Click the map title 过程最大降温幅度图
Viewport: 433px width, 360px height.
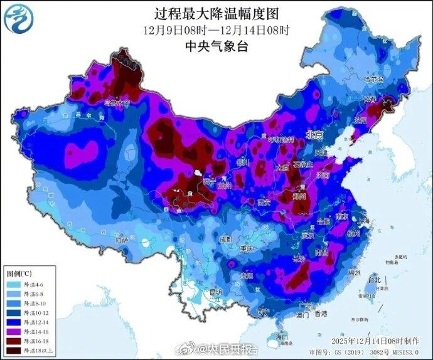tap(216, 13)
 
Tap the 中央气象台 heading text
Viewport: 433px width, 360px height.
tap(216, 45)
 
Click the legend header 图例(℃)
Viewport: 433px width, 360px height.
tap(19, 274)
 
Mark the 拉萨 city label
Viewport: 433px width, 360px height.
tap(121, 240)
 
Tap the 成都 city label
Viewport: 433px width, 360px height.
tap(225, 239)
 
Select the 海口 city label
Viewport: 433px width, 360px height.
tap(284, 337)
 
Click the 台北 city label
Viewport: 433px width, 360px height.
tap(374, 278)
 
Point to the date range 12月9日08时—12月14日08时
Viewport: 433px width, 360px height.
tap(216, 29)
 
